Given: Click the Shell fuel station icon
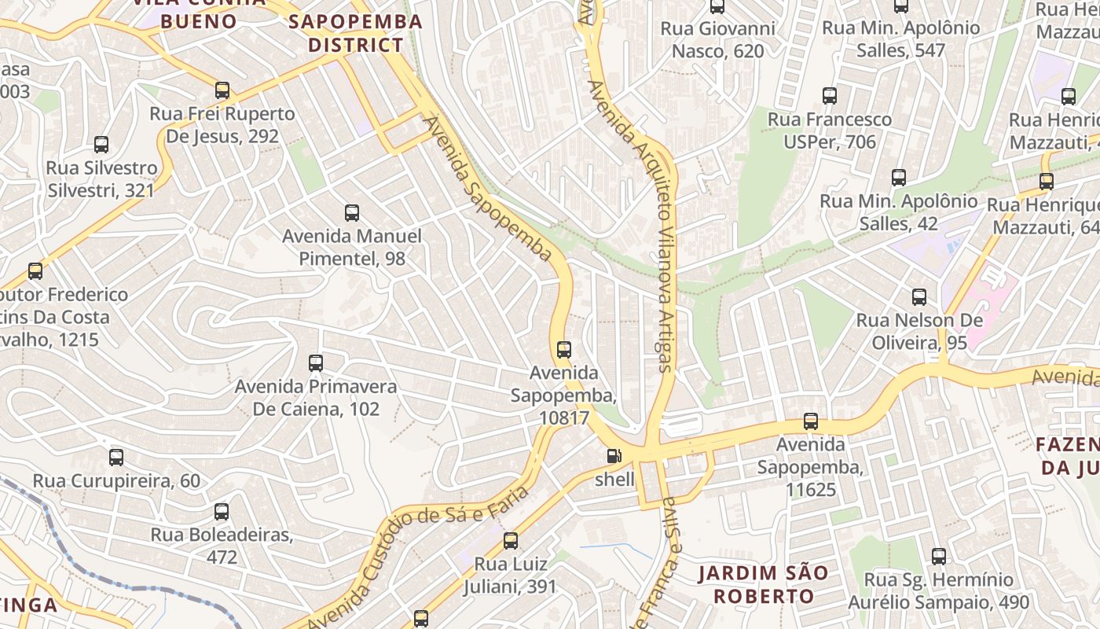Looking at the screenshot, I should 614,456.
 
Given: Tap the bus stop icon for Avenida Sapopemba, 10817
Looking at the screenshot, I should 563,350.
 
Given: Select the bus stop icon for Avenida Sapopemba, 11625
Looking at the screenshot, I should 811,421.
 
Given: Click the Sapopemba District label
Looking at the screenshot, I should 355,33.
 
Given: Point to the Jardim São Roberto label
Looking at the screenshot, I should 763,584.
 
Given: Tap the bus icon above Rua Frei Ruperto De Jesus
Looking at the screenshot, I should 222,90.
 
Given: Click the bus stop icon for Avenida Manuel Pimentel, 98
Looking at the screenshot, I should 352,213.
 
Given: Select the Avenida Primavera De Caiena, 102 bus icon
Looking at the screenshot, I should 316,363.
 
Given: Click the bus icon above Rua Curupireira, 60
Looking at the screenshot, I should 116,457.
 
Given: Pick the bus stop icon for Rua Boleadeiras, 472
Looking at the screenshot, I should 222,512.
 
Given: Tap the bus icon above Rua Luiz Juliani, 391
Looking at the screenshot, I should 511,541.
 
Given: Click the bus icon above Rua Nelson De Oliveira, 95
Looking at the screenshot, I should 919,297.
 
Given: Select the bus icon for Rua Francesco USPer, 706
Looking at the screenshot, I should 830,96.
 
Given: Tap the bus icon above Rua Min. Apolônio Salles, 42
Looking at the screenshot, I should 899,178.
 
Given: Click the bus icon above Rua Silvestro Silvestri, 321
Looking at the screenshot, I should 101,145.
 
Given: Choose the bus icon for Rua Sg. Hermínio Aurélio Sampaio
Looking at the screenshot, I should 939,557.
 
